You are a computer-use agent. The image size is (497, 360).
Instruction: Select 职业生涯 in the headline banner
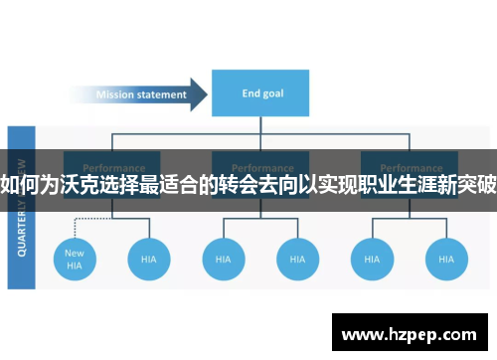[x=393, y=182]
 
